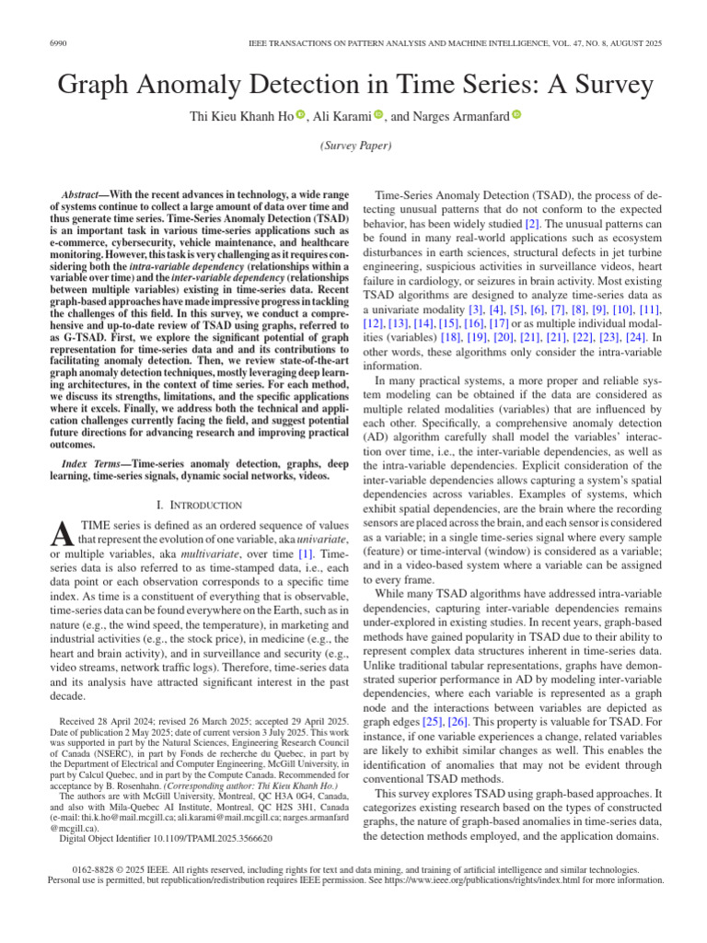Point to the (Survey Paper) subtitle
354,146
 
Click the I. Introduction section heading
199,505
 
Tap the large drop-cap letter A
64,532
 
